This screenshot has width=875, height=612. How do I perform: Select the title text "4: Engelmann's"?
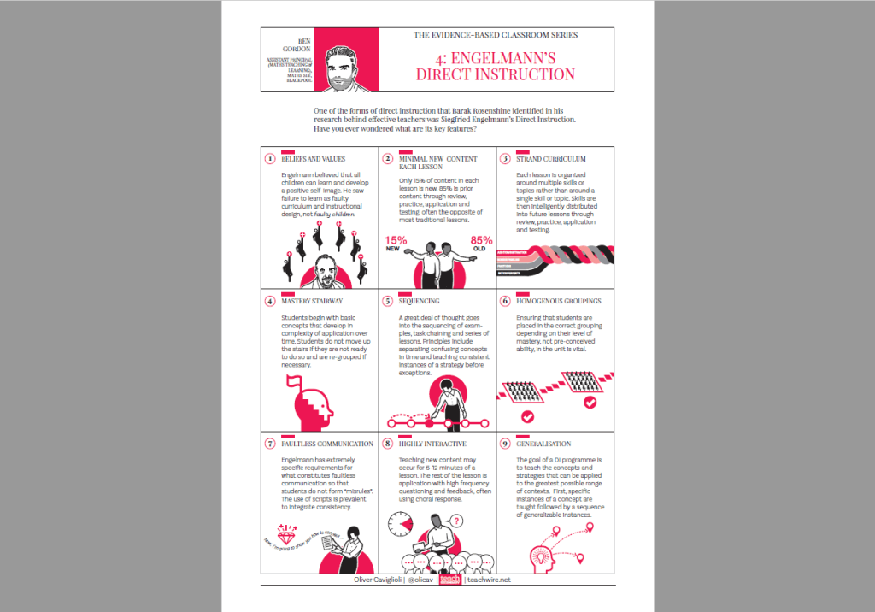click(x=496, y=59)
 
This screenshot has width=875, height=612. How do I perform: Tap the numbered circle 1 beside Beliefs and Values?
click(x=269, y=159)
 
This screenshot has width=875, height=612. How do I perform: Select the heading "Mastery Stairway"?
click(x=312, y=301)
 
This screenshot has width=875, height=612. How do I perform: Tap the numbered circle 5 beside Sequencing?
click(x=387, y=302)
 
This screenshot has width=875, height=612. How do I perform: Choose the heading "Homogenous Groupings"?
click(x=558, y=301)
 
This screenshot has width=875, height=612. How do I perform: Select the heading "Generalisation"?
click(x=543, y=444)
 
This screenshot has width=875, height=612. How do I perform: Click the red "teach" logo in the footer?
click(x=449, y=580)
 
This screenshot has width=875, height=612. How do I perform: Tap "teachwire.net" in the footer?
click(x=489, y=580)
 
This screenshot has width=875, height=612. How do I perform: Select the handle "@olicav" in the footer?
click(x=419, y=580)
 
